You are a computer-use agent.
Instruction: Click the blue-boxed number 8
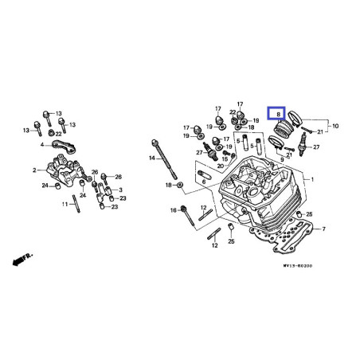[x=277, y=115]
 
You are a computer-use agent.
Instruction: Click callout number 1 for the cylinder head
[x=313, y=181]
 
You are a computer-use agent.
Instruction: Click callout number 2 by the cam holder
[x=35, y=170]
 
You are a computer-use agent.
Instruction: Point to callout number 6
[x=203, y=182]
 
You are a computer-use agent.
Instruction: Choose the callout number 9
[x=281, y=160]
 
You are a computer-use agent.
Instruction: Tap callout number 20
[x=221, y=166]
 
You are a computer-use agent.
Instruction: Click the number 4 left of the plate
[x=42, y=146]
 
